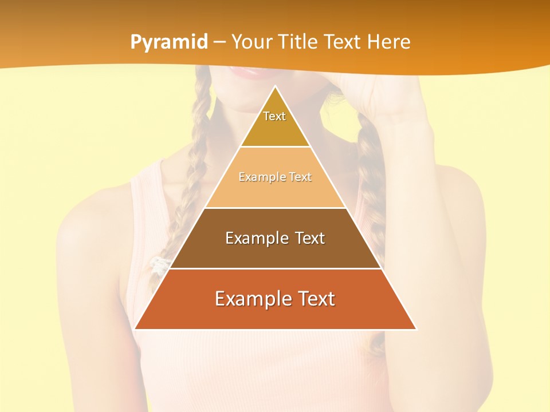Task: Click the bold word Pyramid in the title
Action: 168,42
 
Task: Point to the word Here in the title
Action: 389,42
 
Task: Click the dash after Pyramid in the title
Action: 219,42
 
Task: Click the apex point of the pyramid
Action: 276,86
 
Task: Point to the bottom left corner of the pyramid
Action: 135,329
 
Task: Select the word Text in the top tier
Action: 274,116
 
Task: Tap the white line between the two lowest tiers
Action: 275,268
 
